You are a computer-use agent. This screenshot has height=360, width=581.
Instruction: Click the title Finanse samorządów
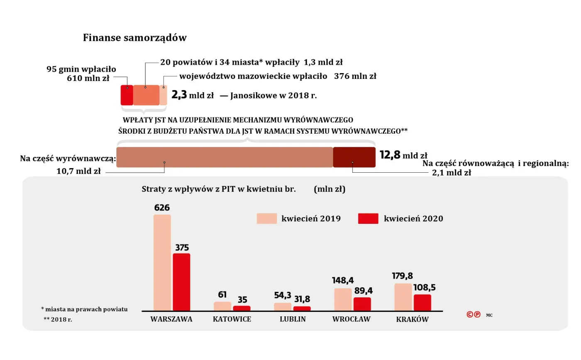(134, 38)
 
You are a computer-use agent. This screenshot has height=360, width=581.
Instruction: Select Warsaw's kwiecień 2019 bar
(162, 262)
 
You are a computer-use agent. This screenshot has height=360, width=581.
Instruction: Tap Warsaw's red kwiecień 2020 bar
(181, 282)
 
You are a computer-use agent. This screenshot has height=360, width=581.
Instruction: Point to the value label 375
(182, 248)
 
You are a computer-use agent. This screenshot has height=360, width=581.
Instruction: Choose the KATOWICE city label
(232, 319)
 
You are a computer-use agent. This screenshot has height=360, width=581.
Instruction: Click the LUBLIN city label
(293, 319)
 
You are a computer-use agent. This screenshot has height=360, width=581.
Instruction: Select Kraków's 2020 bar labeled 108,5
(422, 302)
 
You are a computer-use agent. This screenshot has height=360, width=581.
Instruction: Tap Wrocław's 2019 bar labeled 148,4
(343, 299)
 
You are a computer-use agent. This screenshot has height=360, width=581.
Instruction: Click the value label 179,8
(402, 276)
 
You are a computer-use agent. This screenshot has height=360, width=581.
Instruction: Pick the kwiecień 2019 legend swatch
(266, 219)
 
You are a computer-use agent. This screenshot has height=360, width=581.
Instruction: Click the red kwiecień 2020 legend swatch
(368, 219)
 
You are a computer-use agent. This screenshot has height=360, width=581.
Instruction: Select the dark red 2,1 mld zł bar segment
(354, 157)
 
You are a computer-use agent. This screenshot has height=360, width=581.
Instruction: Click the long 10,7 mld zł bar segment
(225, 157)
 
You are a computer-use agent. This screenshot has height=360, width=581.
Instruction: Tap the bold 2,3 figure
(179, 95)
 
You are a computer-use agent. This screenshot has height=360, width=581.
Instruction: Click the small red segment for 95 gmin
(127, 95)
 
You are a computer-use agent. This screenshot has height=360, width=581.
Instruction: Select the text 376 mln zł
(355, 76)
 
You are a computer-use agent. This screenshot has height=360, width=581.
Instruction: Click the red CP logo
(474, 314)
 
